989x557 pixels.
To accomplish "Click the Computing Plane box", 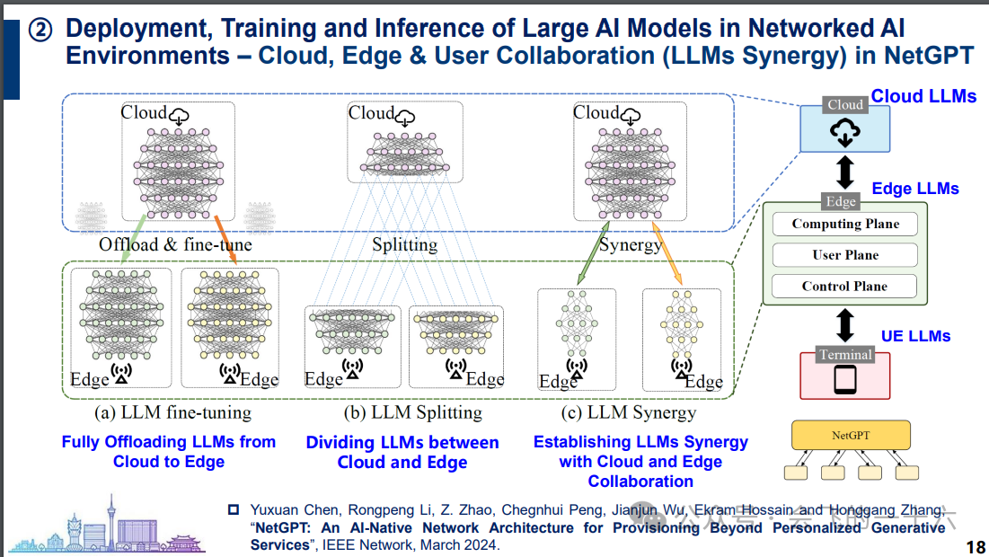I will [845, 225].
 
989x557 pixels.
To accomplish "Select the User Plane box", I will [845, 255].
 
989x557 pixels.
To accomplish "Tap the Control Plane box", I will [845, 287].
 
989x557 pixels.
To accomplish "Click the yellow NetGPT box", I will [849, 436].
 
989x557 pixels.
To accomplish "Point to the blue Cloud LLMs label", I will [923, 96].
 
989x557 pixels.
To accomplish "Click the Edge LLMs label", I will [915, 189].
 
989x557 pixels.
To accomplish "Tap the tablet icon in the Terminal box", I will [845, 379].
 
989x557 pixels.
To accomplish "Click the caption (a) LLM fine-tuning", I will [172, 413].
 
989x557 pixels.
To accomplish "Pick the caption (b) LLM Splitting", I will [412, 413].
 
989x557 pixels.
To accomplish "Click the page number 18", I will [976, 547].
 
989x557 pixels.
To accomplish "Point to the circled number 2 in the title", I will [41, 31].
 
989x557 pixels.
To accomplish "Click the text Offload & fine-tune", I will [176, 244].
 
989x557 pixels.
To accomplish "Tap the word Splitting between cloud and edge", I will [404, 244].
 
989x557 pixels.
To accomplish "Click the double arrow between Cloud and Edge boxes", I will [844, 171].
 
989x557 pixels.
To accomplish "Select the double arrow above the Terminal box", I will [844, 324].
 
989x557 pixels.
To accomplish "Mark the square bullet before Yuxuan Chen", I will [234, 509].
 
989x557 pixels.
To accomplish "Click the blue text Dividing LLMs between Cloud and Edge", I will [402, 453].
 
